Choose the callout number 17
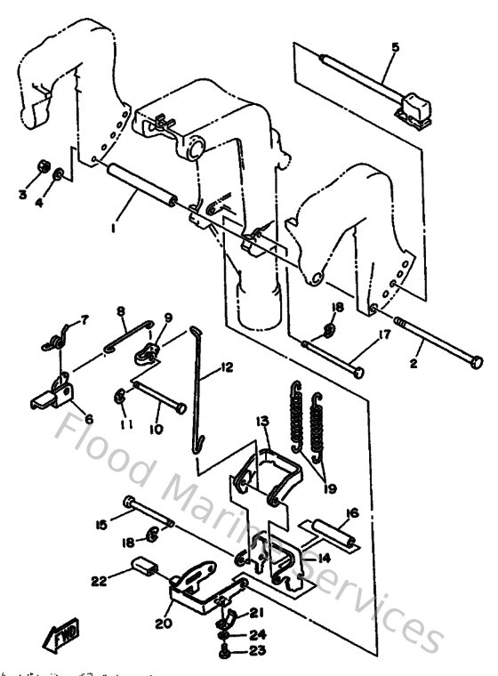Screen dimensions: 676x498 [x=384, y=335]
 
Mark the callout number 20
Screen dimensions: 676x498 [x=161, y=624]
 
